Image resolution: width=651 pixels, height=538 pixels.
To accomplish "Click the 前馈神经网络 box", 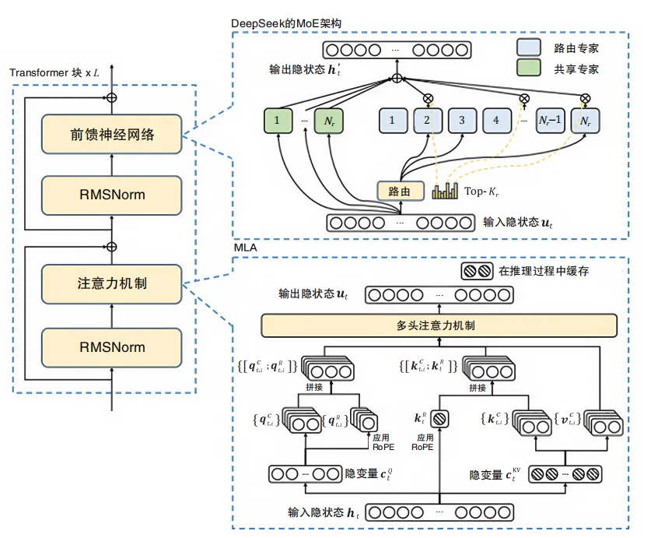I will (x=111, y=134).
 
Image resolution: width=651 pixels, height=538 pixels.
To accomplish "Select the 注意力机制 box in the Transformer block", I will (x=111, y=284).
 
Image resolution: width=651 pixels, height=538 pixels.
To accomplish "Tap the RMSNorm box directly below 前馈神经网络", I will (x=111, y=195).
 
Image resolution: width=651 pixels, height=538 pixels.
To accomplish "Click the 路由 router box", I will (x=401, y=191).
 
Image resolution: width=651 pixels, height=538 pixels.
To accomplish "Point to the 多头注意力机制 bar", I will (x=439, y=325).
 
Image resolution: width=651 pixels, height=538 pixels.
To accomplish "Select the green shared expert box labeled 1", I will (x=278, y=121).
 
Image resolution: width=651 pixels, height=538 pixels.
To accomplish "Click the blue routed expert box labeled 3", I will (x=461, y=121).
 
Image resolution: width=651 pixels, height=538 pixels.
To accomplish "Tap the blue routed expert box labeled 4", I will (x=496, y=121).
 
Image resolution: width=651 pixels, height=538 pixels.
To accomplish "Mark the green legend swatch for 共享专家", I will (x=529, y=69).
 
